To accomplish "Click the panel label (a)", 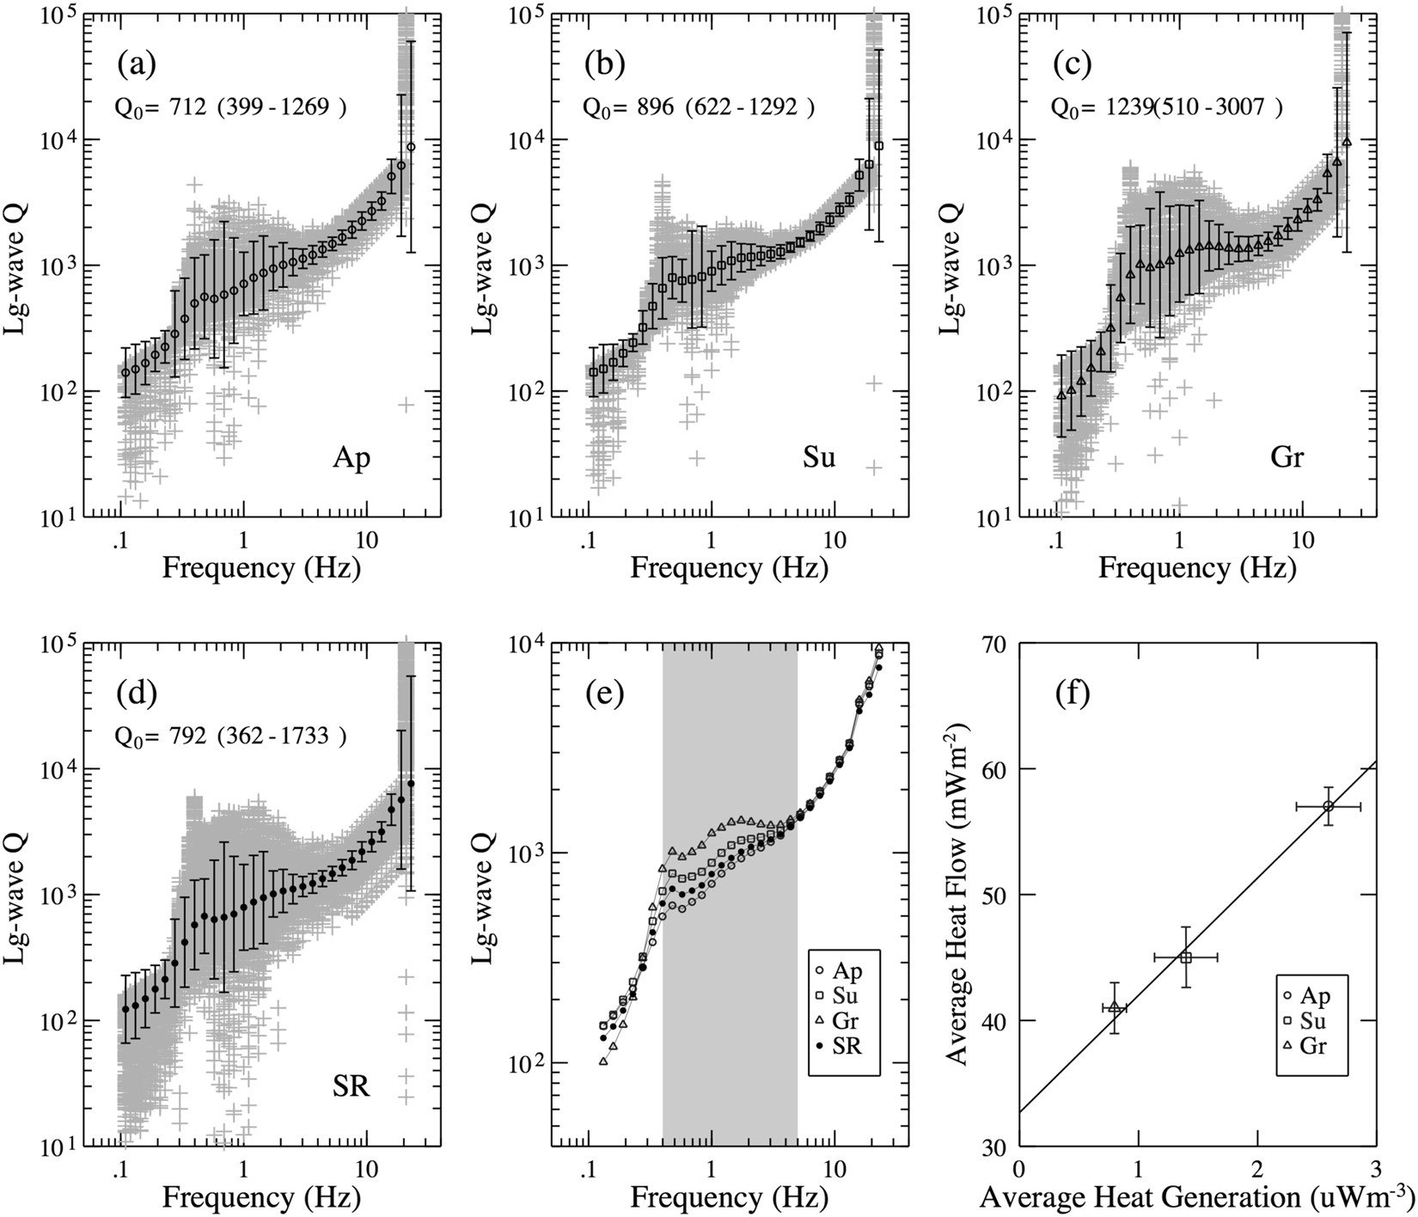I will (138, 64).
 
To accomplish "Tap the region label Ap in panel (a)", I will (351, 458).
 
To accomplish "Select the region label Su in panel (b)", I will (819, 458).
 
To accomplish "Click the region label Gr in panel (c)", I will (1287, 458).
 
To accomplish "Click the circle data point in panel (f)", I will (1328, 806).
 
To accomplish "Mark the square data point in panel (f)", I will (1185, 957).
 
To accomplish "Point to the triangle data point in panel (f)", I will (1114, 1006).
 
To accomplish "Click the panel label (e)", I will (605, 693).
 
